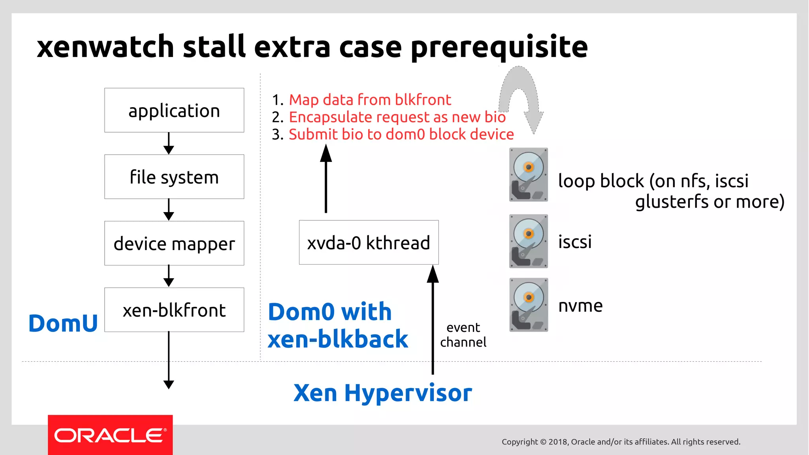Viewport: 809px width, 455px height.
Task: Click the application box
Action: (x=174, y=110)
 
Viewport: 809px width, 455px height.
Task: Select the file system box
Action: (x=174, y=177)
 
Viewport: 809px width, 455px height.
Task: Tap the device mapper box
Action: (x=174, y=243)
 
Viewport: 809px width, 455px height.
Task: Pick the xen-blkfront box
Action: (x=174, y=310)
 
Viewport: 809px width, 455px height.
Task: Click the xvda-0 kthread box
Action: (x=369, y=243)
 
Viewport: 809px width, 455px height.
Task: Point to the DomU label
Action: (x=63, y=323)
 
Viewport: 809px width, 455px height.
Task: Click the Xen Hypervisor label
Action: (x=382, y=393)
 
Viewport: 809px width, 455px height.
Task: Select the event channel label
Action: (x=463, y=335)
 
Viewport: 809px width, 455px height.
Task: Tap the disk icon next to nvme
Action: (x=529, y=305)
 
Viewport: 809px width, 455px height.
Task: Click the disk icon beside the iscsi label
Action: (x=529, y=241)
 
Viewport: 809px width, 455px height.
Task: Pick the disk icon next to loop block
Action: (x=529, y=174)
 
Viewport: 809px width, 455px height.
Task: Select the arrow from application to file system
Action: (x=169, y=143)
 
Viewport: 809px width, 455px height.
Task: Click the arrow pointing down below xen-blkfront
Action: (x=169, y=360)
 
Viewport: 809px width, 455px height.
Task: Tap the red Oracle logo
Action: (x=110, y=435)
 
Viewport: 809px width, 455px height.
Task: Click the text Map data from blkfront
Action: (x=370, y=100)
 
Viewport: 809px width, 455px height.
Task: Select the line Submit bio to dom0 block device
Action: (x=401, y=135)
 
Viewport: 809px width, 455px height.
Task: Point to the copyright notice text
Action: (x=621, y=442)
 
